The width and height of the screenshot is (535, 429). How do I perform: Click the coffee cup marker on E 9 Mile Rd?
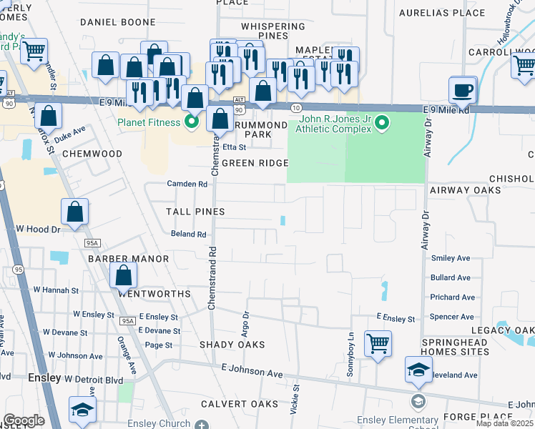click(x=463, y=90)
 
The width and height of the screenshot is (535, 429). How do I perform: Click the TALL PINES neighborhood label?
click(x=195, y=212)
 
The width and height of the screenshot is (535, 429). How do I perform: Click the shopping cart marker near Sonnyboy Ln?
click(x=377, y=342)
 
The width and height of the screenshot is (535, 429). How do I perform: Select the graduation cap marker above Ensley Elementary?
click(x=418, y=369)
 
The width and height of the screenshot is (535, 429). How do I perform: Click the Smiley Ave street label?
click(x=450, y=258)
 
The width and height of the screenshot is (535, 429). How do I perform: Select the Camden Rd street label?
click(x=187, y=184)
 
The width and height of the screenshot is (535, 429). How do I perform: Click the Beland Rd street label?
click(x=189, y=234)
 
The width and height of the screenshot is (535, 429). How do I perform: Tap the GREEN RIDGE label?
click(x=255, y=163)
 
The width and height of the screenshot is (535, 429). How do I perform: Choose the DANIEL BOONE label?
click(x=118, y=22)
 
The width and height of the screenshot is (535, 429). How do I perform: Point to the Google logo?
click(x=24, y=420)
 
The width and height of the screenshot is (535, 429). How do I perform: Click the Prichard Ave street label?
click(x=453, y=297)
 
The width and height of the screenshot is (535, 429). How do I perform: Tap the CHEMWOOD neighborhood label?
click(x=92, y=154)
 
